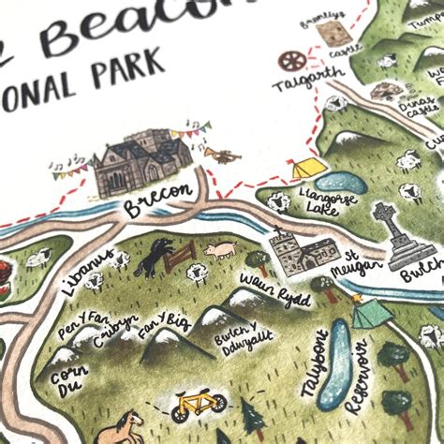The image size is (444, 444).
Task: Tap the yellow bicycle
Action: [x=199, y=406]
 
